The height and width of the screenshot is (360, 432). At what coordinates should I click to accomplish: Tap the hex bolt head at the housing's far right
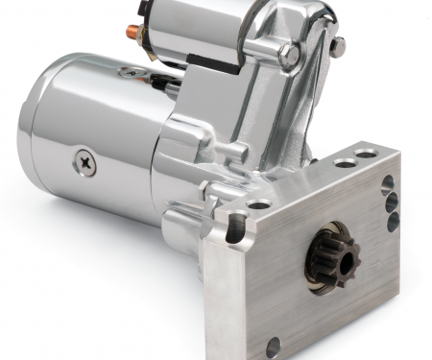[337, 44]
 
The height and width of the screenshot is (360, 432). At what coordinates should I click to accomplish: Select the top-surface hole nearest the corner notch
[259, 204]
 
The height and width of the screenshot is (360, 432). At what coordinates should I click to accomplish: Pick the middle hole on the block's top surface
[345, 164]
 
